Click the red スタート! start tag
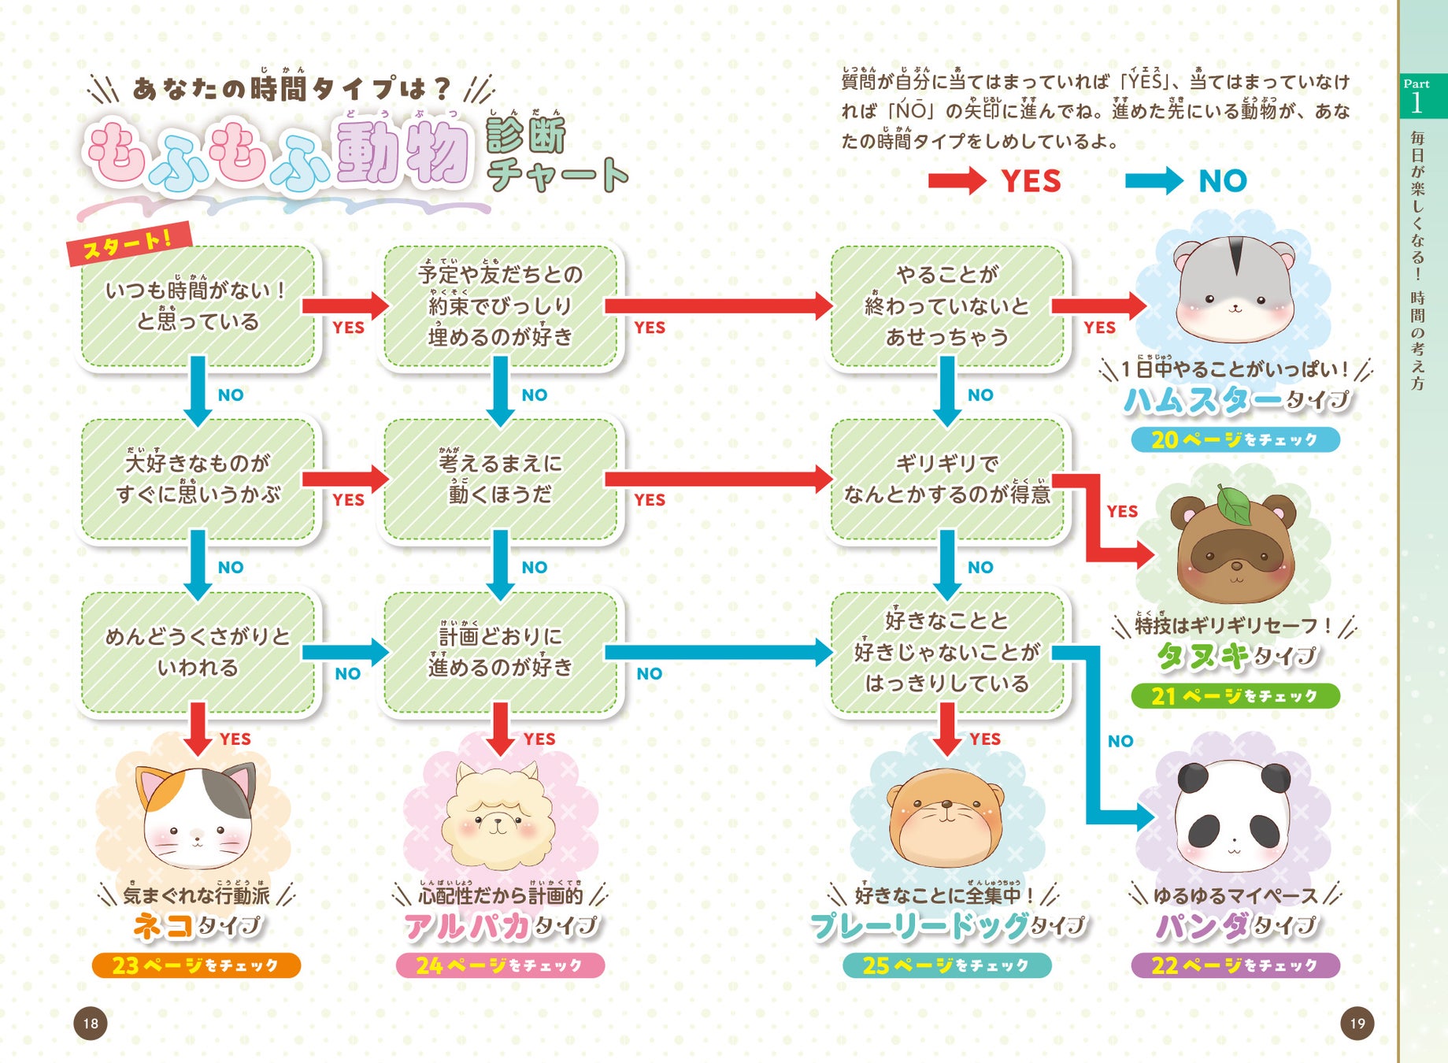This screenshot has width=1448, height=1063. coord(128,243)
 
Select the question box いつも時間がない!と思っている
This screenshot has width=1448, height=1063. coord(198,306)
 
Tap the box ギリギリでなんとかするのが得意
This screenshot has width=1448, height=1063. coord(947,479)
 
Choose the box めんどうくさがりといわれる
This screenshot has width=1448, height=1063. coord(198,652)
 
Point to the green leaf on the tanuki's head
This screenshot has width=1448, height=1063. coord(1235,505)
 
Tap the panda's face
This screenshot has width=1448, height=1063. coord(1234,815)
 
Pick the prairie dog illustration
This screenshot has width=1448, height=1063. coord(946,819)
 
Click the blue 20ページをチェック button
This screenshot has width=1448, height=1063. coord(1235,439)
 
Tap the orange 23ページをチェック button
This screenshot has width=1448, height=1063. coord(196,965)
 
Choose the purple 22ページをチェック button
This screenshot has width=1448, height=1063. coord(1235,965)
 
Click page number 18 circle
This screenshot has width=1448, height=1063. coord(91,1024)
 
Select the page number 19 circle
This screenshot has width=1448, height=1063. coord(1357,1024)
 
